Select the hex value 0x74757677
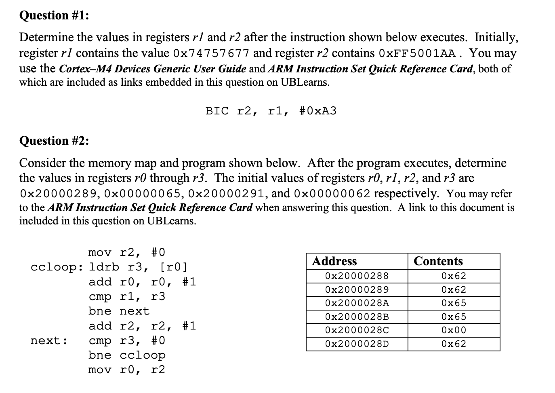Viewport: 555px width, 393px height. click(211, 53)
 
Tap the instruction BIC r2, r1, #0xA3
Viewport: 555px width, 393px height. click(271, 111)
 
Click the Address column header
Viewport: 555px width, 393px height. click(334, 261)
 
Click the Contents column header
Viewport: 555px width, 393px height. click(438, 261)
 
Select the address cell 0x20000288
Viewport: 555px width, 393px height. click(357, 276)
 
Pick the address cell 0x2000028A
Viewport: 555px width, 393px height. click(357, 303)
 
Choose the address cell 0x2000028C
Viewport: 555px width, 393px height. click(357, 330)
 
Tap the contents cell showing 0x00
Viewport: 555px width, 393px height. click(454, 330)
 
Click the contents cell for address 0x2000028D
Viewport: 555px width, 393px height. click(454, 344)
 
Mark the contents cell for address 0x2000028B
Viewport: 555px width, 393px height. click(454, 317)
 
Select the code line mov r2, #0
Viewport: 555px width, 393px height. click(127, 253)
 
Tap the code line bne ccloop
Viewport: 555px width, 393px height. click(127, 355)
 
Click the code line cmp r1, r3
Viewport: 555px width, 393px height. click(127, 297)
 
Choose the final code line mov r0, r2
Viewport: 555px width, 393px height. click(127, 370)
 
